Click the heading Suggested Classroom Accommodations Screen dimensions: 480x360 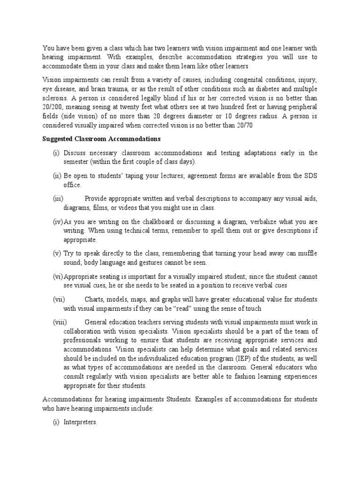(x=102, y=139)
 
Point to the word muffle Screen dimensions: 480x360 (x=307, y=254)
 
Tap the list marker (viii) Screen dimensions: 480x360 (x=60, y=322)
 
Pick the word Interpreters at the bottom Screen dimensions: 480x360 (x=81, y=422)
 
